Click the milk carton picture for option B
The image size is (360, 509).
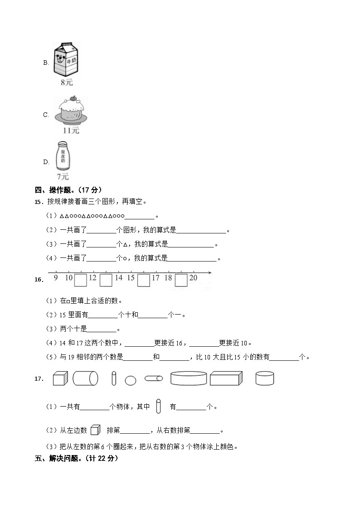click(66, 59)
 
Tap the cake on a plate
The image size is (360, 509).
click(70, 111)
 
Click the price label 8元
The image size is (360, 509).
click(66, 82)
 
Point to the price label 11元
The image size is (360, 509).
click(71, 131)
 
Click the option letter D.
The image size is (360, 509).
click(46, 162)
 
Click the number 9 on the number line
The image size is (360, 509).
click(55, 277)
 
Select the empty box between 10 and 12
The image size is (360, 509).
click(81, 280)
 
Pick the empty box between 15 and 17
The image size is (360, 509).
click(143, 280)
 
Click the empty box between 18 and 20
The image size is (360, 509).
click(181, 280)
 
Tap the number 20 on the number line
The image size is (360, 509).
click(193, 277)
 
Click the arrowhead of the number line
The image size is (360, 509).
click(210, 272)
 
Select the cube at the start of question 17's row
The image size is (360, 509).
click(60, 378)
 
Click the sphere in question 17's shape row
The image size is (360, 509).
click(130, 380)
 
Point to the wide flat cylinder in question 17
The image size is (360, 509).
click(189, 378)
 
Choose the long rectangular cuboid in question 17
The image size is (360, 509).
click(226, 378)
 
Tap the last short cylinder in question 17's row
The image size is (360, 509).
click(265, 378)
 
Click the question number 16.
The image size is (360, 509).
click(39, 280)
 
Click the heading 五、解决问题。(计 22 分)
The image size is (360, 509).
click(76, 458)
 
